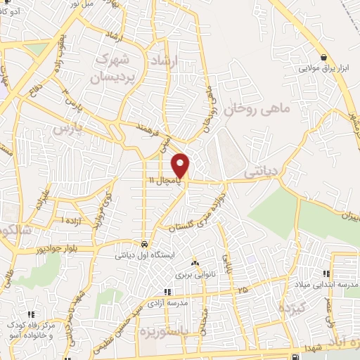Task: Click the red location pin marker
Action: [181, 165]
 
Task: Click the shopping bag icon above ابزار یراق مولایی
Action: [323, 58]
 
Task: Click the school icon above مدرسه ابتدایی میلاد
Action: [326, 274]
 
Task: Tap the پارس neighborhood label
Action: [69, 129]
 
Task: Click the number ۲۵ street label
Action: [243, 289]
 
